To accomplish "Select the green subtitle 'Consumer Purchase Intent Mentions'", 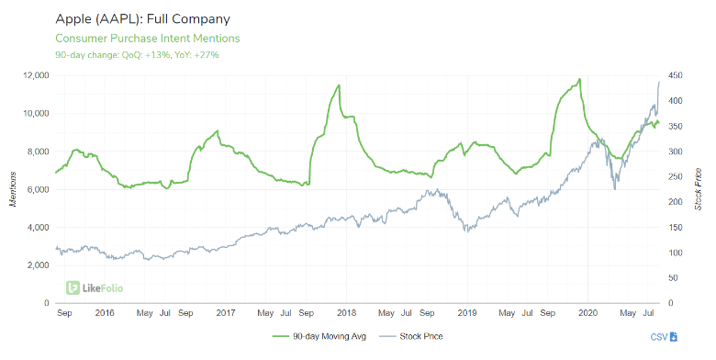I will [148, 39].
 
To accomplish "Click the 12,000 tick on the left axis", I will [31, 75].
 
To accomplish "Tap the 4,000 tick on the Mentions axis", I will [34, 227].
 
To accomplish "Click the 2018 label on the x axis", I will [346, 314].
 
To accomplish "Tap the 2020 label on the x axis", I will [588, 314].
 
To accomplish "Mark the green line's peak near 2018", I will [340, 85].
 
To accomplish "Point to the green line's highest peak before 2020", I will [579, 79].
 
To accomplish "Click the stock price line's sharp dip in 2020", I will [614, 188].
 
